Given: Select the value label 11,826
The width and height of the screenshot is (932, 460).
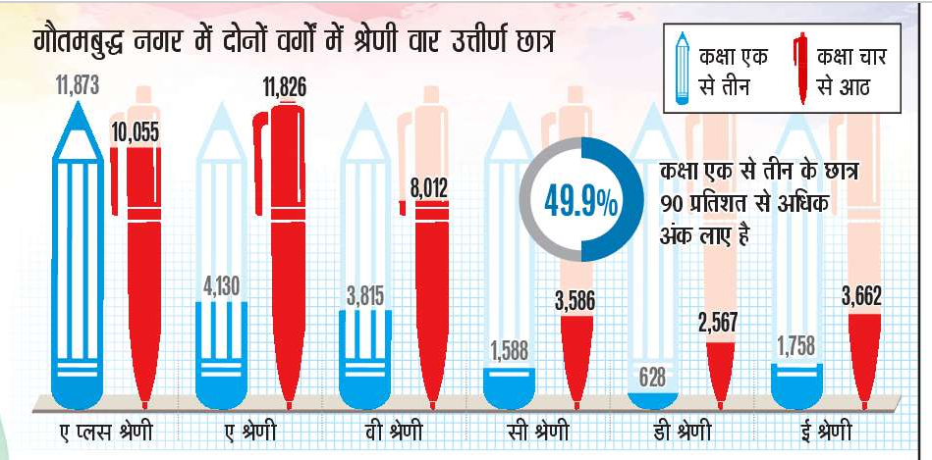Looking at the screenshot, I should tap(284, 87).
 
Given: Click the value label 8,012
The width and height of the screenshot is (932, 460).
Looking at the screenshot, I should tap(429, 183).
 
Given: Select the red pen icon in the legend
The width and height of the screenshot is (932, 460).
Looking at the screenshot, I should tap(802, 67).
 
